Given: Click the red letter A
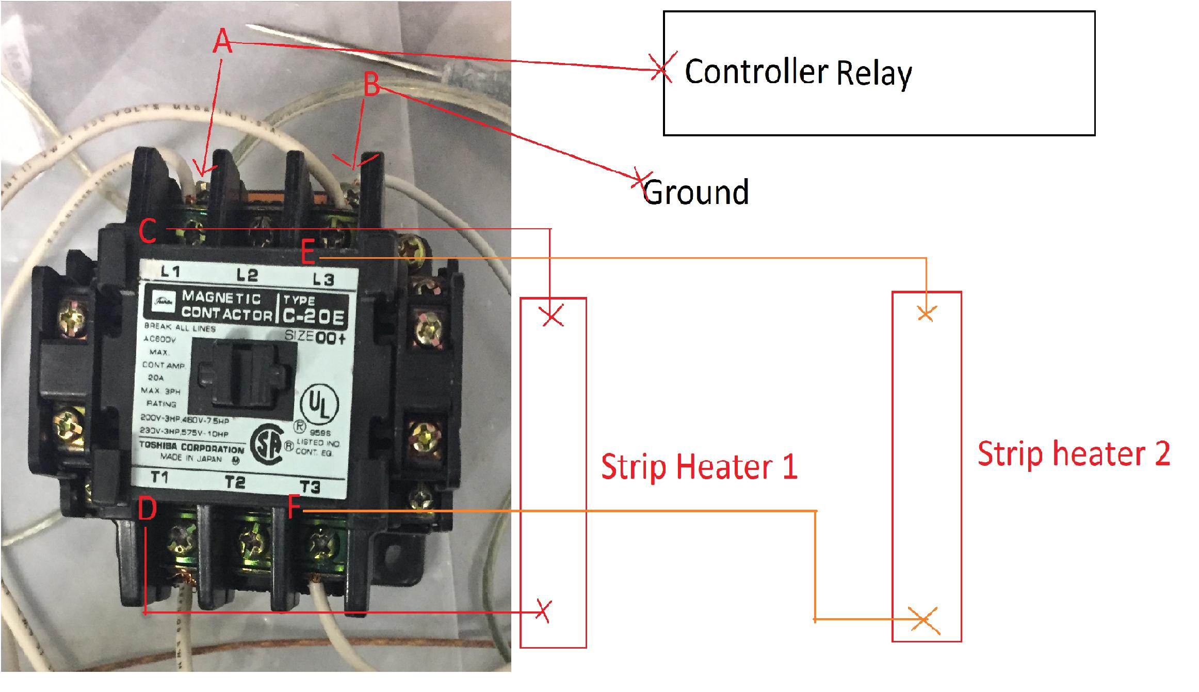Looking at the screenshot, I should tap(223, 41).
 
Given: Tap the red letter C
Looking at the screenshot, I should tap(148, 231).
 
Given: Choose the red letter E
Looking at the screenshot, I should tap(309, 255).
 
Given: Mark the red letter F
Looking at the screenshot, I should tap(295, 508).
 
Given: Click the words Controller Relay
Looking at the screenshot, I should tap(798, 72).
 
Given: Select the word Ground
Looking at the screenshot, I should tap(696, 192).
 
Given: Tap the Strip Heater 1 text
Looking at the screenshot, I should tap(699, 466).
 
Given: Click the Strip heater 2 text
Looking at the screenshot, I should tap(1074, 454).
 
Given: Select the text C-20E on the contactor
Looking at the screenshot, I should tap(313, 317).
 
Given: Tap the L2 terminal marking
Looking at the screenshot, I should tap(247, 275).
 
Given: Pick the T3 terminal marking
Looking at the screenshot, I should tap(310, 486).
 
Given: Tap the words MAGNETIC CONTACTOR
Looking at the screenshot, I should tap(226, 305).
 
